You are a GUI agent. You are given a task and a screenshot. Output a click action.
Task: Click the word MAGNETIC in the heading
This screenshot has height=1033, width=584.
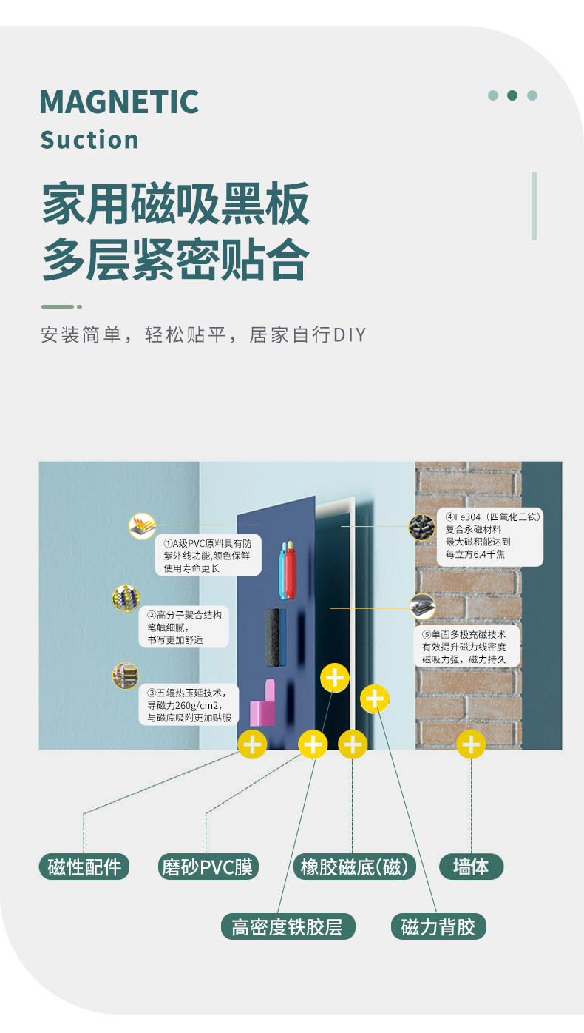[119, 102]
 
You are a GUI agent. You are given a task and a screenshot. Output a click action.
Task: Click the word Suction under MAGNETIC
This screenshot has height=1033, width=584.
[89, 140]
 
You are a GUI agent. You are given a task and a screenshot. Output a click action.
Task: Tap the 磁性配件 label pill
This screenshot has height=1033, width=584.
[84, 867]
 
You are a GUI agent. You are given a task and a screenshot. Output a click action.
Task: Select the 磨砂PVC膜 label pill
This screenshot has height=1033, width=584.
[209, 867]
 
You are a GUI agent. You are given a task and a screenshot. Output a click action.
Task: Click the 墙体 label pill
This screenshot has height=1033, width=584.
[471, 867]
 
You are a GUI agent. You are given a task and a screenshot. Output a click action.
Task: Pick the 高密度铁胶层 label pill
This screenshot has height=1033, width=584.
[288, 926]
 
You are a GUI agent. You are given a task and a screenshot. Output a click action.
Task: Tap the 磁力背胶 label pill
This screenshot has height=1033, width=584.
[438, 926]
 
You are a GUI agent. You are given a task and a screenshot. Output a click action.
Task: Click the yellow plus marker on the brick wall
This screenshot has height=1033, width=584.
[470, 744]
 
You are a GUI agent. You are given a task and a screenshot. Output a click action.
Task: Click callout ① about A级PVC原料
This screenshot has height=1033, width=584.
[208, 555]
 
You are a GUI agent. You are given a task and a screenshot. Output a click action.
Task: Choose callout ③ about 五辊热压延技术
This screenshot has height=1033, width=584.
[189, 704]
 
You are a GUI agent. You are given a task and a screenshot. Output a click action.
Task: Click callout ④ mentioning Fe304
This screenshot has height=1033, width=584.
[488, 535]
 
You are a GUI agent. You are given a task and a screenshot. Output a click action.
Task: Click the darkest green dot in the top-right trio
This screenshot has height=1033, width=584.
[512, 95]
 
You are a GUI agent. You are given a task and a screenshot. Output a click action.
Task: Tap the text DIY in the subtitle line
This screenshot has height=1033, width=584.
[350, 335]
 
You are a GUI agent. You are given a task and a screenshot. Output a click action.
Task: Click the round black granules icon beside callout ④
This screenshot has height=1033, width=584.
[421, 528]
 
